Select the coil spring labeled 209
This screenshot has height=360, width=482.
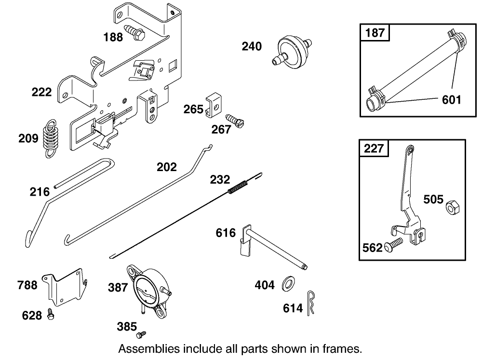(50, 138)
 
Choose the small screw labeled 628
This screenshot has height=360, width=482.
(51, 314)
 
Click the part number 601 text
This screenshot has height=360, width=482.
(451, 100)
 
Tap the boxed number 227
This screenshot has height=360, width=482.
(374, 148)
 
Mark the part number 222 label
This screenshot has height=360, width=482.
(41, 92)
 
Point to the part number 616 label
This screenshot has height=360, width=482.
(226, 233)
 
